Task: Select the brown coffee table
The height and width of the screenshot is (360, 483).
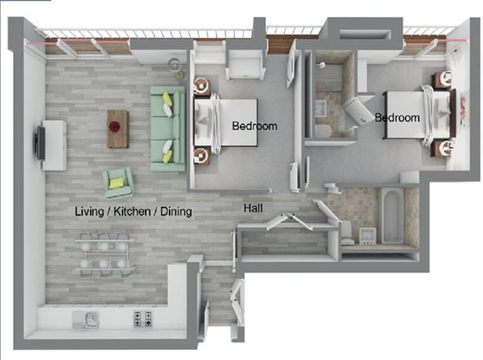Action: pyautogui.click(x=118, y=128)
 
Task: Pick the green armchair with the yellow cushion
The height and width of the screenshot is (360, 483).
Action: pyautogui.click(x=118, y=182)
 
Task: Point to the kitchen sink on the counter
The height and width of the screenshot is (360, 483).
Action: pyautogui.click(x=86, y=319)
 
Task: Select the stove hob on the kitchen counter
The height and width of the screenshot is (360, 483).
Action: pyautogui.click(x=143, y=319)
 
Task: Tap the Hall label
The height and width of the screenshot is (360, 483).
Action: pyautogui.click(x=253, y=209)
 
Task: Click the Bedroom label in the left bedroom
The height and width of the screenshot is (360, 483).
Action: pyautogui.click(x=254, y=126)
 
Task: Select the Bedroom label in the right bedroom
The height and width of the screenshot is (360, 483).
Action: pyautogui.click(x=397, y=118)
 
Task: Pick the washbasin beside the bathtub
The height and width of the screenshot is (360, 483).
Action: pyautogui.click(x=365, y=234)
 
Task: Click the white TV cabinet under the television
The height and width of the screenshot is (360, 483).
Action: pyautogui.click(x=54, y=144)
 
